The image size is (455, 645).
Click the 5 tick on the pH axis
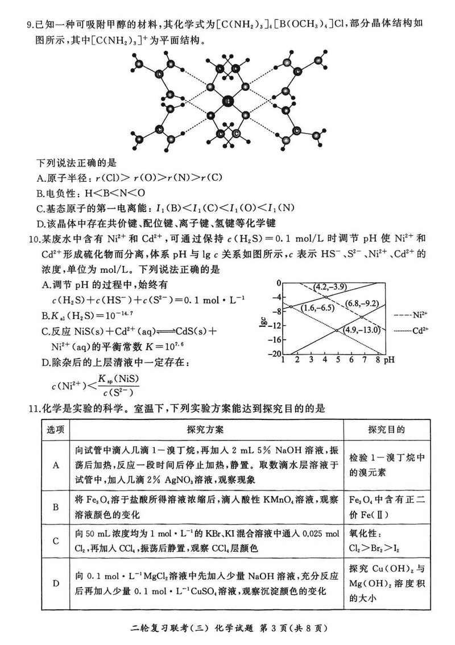(x=338, y=360)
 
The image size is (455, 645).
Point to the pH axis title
(x=390, y=360)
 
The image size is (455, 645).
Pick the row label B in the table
(x=56, y=506)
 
